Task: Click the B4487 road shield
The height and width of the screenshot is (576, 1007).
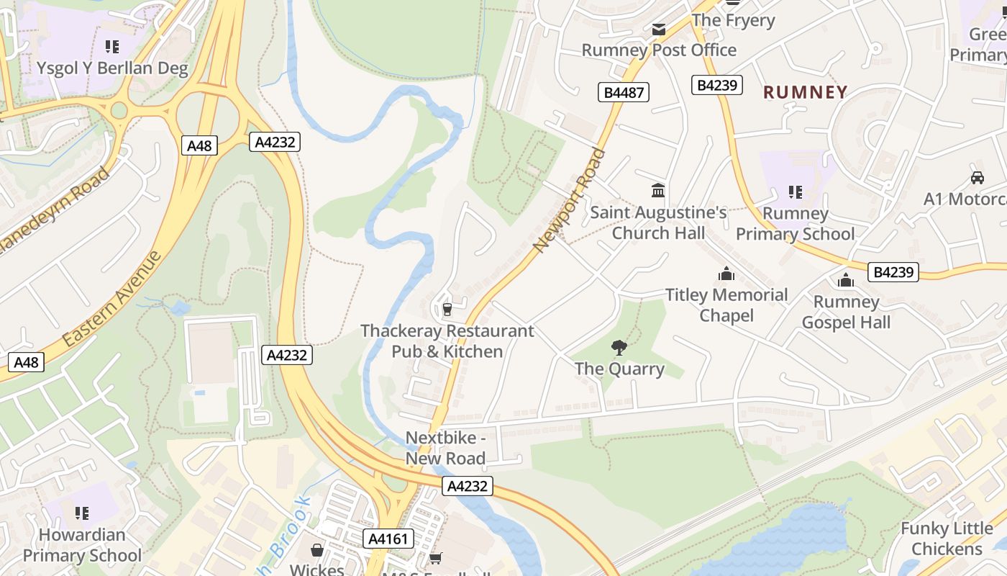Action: (x=623, y=92)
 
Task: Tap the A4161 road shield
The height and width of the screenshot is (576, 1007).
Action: (x=388, y=539)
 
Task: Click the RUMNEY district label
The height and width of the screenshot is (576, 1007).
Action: (x=805, y=92)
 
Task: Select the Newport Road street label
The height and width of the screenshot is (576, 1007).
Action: (x=570, y=200)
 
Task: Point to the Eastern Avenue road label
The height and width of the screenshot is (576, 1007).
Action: (x=111, y=299)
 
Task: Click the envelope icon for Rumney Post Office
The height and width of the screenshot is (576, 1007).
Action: (x=658, y=30)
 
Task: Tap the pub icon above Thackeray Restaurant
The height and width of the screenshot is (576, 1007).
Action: (x=447, y=310)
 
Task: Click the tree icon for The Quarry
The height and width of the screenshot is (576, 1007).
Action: (x=619, y=348)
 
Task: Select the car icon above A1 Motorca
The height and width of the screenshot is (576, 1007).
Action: (x=977, y=178)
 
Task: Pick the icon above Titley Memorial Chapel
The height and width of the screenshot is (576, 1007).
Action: (x=726, y=274)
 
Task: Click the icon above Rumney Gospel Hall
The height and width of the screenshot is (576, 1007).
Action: (x=845, y=281)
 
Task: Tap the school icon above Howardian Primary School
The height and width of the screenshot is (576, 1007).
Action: (x=82, y=513)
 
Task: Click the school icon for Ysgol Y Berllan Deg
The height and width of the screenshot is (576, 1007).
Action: (x=112, y=48)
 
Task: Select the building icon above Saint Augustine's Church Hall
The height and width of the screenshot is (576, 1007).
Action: (x=658, y=191)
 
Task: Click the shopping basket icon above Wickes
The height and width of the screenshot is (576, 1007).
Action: (x=316, y=551)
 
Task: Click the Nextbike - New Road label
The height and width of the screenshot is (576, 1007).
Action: (x=446, y=448)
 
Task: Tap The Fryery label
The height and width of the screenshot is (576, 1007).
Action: (x=733, y=20)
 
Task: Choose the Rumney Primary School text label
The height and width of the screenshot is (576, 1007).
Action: (x=795, y=224)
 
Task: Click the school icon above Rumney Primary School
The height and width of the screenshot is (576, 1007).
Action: (x=795, y=192)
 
